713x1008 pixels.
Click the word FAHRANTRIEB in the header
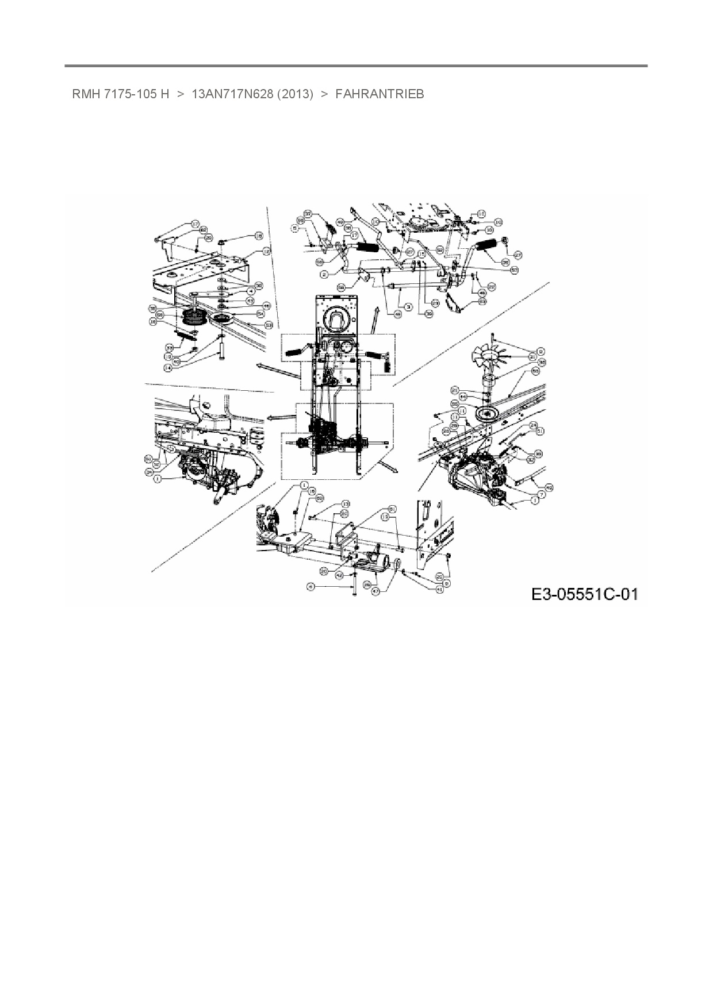379,94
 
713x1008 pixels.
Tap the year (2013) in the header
295,94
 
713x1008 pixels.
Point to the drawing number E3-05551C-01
584,594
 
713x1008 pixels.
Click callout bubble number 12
266,251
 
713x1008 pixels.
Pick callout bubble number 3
407,308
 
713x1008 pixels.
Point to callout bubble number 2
324,275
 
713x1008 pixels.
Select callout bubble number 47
375,590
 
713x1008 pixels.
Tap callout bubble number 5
295,229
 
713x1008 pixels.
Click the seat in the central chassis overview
336,321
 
